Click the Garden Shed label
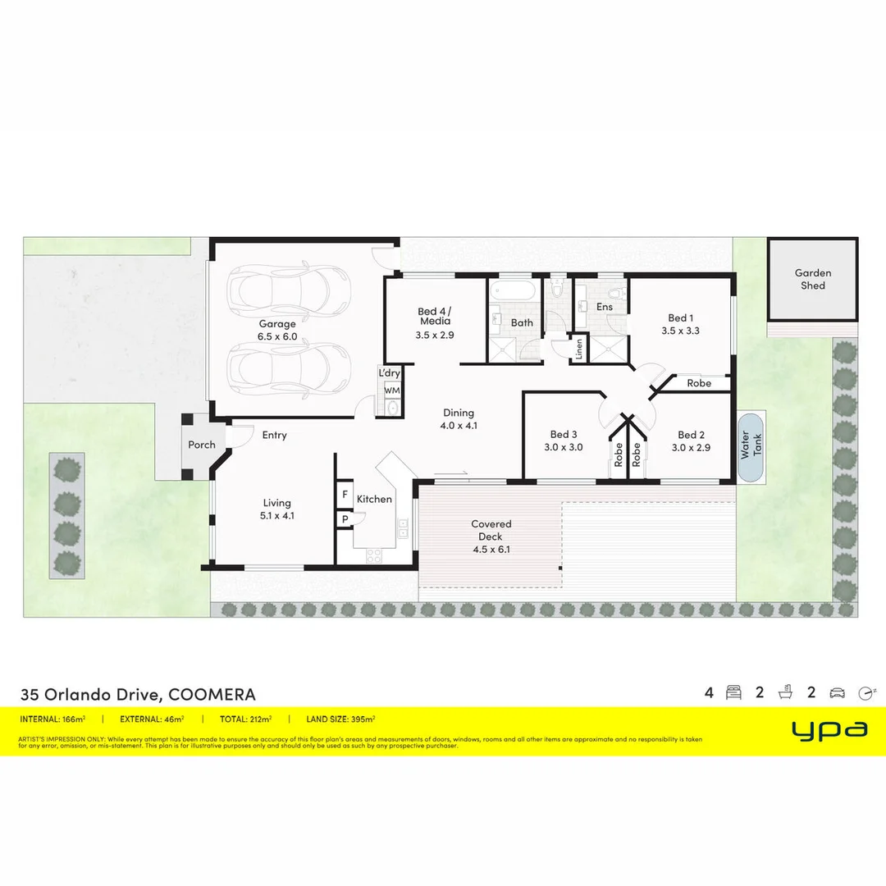point(812,279)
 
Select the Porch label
point(202,445)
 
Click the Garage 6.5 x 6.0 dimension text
point(277,336)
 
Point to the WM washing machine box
point(392,390)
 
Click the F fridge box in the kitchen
point(345,496)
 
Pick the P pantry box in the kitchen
point(345,518)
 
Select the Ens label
point(605,307)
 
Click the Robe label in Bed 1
point(699,383)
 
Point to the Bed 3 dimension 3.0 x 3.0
point(564,447)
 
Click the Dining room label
point(459,413)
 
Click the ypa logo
point(829,729)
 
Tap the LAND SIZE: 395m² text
point(341,719)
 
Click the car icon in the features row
point(838,692)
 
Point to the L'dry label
point(390,373)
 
